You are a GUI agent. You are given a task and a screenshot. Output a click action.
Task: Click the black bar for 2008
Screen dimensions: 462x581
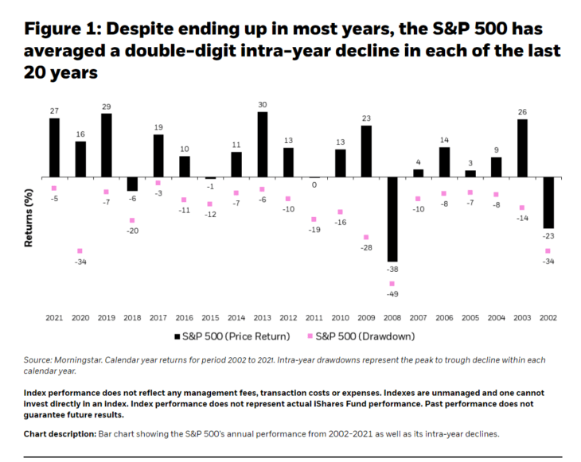point(392,219)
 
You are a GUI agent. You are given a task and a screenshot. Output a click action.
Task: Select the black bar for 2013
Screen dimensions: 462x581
point(263,145)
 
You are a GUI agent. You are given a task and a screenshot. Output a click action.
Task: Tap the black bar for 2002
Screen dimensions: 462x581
point(548,203)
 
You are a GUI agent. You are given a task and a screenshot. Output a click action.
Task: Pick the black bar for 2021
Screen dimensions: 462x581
point(54,148)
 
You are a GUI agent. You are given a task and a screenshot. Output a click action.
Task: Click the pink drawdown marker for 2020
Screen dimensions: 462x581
point(80,250)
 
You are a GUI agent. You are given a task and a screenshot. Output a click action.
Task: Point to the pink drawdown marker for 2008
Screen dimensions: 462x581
point(392,283)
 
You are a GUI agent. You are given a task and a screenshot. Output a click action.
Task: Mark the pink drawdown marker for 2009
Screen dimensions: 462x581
point(366,237)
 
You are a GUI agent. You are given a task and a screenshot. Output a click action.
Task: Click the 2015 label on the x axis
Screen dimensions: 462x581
point(210,317)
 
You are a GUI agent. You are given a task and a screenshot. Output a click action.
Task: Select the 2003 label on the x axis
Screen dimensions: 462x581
point(522,317)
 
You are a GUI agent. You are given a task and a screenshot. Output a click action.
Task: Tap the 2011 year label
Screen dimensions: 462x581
point(314,317)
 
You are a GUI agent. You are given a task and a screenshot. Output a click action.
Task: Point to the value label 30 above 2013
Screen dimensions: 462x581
point(263,104)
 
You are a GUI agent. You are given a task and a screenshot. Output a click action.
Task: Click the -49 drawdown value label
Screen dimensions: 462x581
point(392,294)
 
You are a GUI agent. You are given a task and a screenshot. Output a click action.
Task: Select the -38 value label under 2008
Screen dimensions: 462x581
point(392,270)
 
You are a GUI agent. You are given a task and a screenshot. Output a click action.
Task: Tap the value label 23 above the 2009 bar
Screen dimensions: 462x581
point(366,118)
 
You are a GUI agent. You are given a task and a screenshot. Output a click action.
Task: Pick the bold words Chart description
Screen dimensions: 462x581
point(59,433)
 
